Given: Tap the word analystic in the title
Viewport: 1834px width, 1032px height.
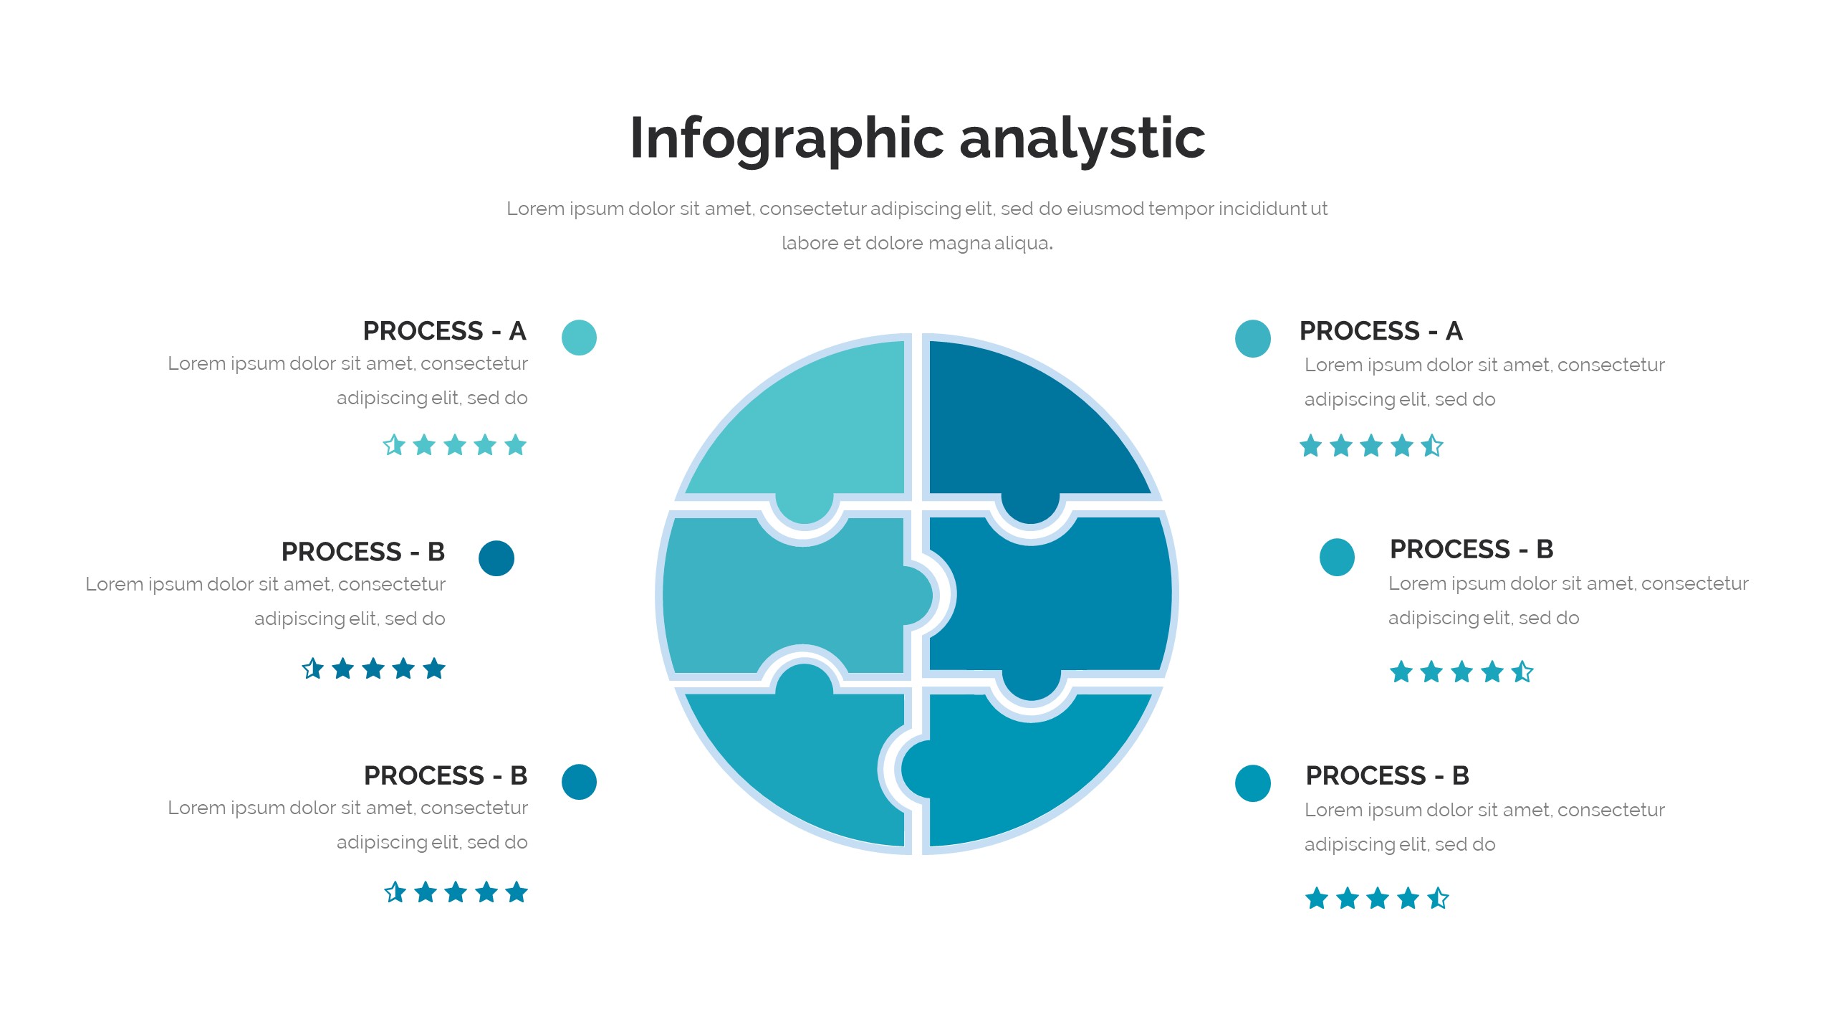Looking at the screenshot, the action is [1082, 138].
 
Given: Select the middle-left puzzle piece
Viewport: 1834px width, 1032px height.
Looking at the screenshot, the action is [788, 596].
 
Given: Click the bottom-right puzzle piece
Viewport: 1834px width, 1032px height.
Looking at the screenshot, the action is [1032, 774].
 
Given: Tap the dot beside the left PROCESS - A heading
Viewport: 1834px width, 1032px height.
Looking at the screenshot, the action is [579, 338].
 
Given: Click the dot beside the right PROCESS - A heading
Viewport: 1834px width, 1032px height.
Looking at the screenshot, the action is [1253, 338].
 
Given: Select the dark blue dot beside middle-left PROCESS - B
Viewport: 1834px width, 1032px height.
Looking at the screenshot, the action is [496, 558].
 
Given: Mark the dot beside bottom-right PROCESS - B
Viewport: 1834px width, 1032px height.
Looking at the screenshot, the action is [1253, 783].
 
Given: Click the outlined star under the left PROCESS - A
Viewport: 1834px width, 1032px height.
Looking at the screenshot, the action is [394, 445].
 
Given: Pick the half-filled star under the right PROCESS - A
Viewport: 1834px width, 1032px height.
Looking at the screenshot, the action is [1432, 446].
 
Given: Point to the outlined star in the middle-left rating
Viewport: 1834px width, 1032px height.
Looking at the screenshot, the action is [312, 669].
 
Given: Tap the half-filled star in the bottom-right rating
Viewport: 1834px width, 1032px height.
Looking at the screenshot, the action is [1438, 898].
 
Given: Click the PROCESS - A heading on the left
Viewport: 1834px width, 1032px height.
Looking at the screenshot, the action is [445, 331].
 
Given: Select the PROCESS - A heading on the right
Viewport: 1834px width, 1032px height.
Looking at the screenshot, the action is [1381, 331].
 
